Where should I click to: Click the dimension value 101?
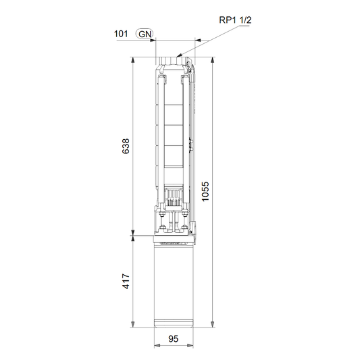[x=121, y=34]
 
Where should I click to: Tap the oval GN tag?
[x=145, y=34]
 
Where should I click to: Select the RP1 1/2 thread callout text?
[x=235, y=20]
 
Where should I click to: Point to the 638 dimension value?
[x=126, y=147]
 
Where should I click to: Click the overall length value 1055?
[x=205, y=191]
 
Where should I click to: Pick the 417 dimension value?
[x=126, y=281]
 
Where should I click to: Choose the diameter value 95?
[x=174, y=338]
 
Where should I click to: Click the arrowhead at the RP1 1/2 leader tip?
[x=179, y=55]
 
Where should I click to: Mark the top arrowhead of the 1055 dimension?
[x=213, y=60]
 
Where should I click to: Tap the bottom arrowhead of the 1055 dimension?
[x=213, y=324]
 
